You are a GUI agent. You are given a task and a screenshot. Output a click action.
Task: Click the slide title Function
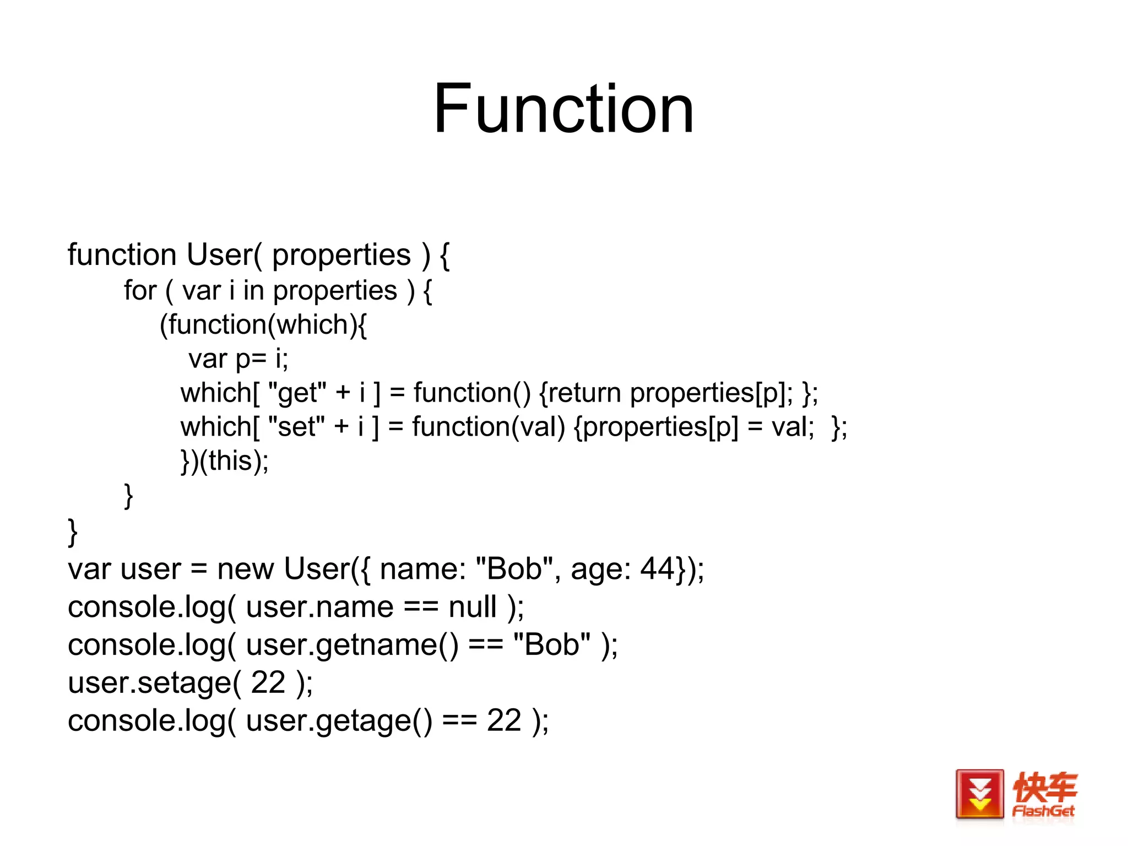[563, 109]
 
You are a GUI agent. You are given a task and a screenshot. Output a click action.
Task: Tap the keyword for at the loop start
[140, 290]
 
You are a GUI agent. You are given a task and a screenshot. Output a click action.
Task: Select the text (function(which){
[263, 324]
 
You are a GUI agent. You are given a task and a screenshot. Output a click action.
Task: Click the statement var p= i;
[238, 359]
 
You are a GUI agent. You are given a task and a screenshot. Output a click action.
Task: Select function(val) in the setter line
[489, 427]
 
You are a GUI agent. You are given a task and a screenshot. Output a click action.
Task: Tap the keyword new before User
[245, 568]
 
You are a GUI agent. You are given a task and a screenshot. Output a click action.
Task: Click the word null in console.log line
[473, 607]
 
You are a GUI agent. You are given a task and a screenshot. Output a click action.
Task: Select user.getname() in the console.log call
[352, 644]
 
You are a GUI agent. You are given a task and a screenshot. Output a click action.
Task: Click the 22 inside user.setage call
[268, 682]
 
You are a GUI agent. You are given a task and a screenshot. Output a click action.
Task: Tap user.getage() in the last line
[339, 720]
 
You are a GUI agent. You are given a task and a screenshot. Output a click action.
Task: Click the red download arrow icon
[979, 795]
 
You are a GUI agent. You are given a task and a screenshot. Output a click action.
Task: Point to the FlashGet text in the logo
[1043, 811]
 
